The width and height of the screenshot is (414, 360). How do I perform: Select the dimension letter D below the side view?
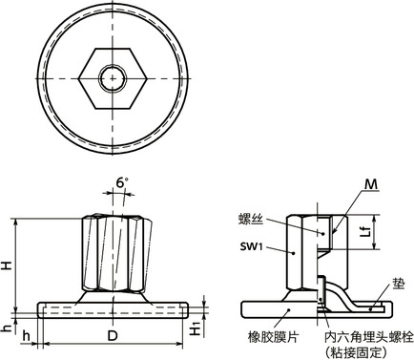coord(112,338)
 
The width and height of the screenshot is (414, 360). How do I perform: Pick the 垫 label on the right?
coord(396,284)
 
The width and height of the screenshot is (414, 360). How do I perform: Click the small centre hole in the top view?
coord(113,75)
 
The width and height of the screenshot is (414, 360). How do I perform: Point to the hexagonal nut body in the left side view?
coord(112,253)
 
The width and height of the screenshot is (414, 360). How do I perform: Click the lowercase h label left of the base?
coord(8,328)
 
